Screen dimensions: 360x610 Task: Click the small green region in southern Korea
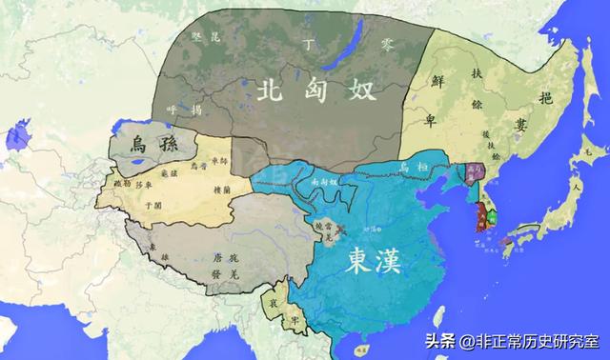pos(493,217)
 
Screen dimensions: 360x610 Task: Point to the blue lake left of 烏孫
pos(14,138)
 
